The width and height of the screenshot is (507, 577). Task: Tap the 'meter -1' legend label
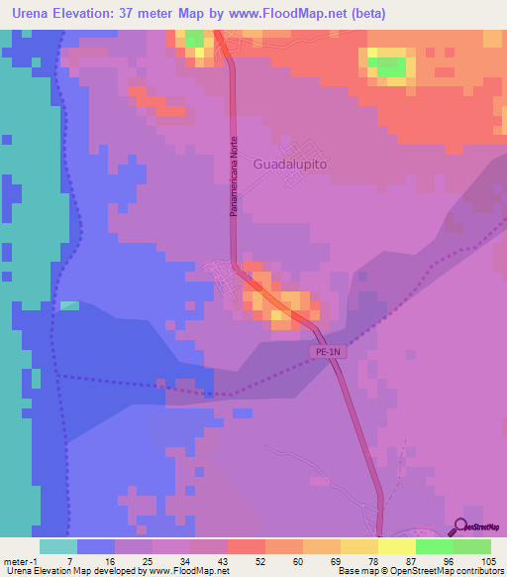[21, 560]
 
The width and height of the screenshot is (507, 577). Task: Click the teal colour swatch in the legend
[57, 546]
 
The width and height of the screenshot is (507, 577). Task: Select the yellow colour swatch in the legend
[359, 546]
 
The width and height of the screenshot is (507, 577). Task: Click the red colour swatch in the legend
[246, 546]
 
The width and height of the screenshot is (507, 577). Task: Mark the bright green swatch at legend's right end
[472, 546]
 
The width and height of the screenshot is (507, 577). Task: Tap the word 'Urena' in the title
[35, 14]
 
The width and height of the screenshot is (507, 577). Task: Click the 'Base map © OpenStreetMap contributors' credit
[421, 571]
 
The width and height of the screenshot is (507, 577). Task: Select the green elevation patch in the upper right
[387, 66]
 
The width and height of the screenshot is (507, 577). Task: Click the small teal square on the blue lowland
[69, 305]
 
